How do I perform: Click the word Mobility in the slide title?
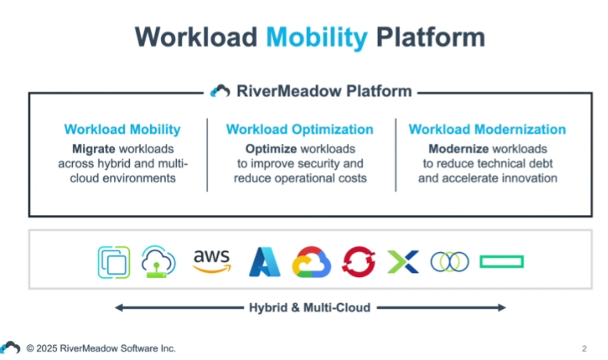coord(316,37)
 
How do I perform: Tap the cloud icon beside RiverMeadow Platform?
coord(221,91)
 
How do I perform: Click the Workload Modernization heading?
coord(487,130)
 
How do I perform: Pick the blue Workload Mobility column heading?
coord(122,130)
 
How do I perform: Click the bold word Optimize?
coord(270,149)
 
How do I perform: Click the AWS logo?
coord(211,261)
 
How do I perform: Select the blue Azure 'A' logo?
coord(264,262)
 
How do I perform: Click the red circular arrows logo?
coord(359,262)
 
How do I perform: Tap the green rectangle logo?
coord(502,262)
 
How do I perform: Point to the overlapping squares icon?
coord(113,262)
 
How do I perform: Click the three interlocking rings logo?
coord(449,262)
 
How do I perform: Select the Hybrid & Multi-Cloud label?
coord(310,308)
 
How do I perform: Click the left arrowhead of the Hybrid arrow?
coord(120,308)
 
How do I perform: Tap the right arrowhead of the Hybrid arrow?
coord(501,308)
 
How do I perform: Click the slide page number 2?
coord(584,348)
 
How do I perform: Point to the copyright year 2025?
coord(48,348)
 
